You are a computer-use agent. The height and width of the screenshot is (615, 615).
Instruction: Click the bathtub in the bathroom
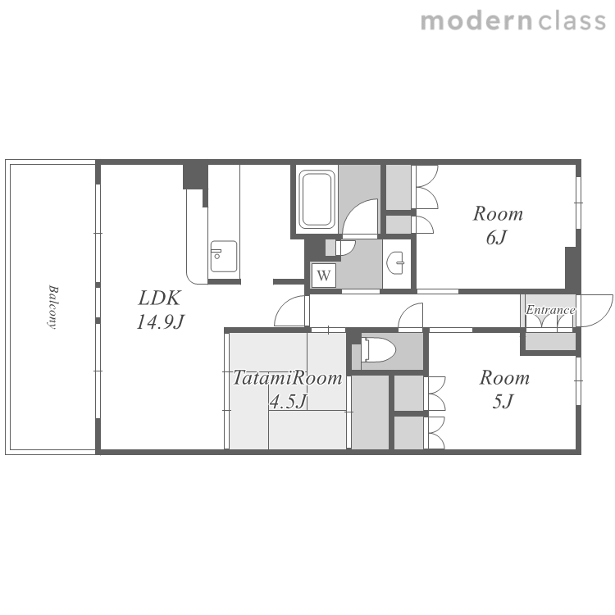tap(317, 199)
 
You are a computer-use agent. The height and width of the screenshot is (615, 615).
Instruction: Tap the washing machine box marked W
tap(324, 276)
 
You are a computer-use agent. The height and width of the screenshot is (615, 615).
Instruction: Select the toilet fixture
tap(379, 349)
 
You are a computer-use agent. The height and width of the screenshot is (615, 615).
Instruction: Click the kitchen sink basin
tap(224, 257)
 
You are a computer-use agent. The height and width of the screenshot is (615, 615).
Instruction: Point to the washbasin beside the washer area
tap(396, 262)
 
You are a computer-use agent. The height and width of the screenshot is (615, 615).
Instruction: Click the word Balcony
tap(52, 307)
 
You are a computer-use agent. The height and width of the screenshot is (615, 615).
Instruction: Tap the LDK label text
tap(159, 298)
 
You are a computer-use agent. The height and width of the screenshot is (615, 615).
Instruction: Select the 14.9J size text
tap(160, 322)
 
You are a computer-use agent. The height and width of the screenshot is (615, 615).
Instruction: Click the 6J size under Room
tap(497, 237)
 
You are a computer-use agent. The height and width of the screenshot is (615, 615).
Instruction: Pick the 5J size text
tap(503, 401)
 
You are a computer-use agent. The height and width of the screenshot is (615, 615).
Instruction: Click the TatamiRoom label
tap(287, 378)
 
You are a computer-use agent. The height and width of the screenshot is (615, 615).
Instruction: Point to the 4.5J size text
tap(288, 401)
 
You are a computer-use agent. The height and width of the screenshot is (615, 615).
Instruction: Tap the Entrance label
tap(550, 310)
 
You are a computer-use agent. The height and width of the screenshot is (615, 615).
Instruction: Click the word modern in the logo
tap(476, 21)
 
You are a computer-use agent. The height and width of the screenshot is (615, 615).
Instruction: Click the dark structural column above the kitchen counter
tap(195, 176)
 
